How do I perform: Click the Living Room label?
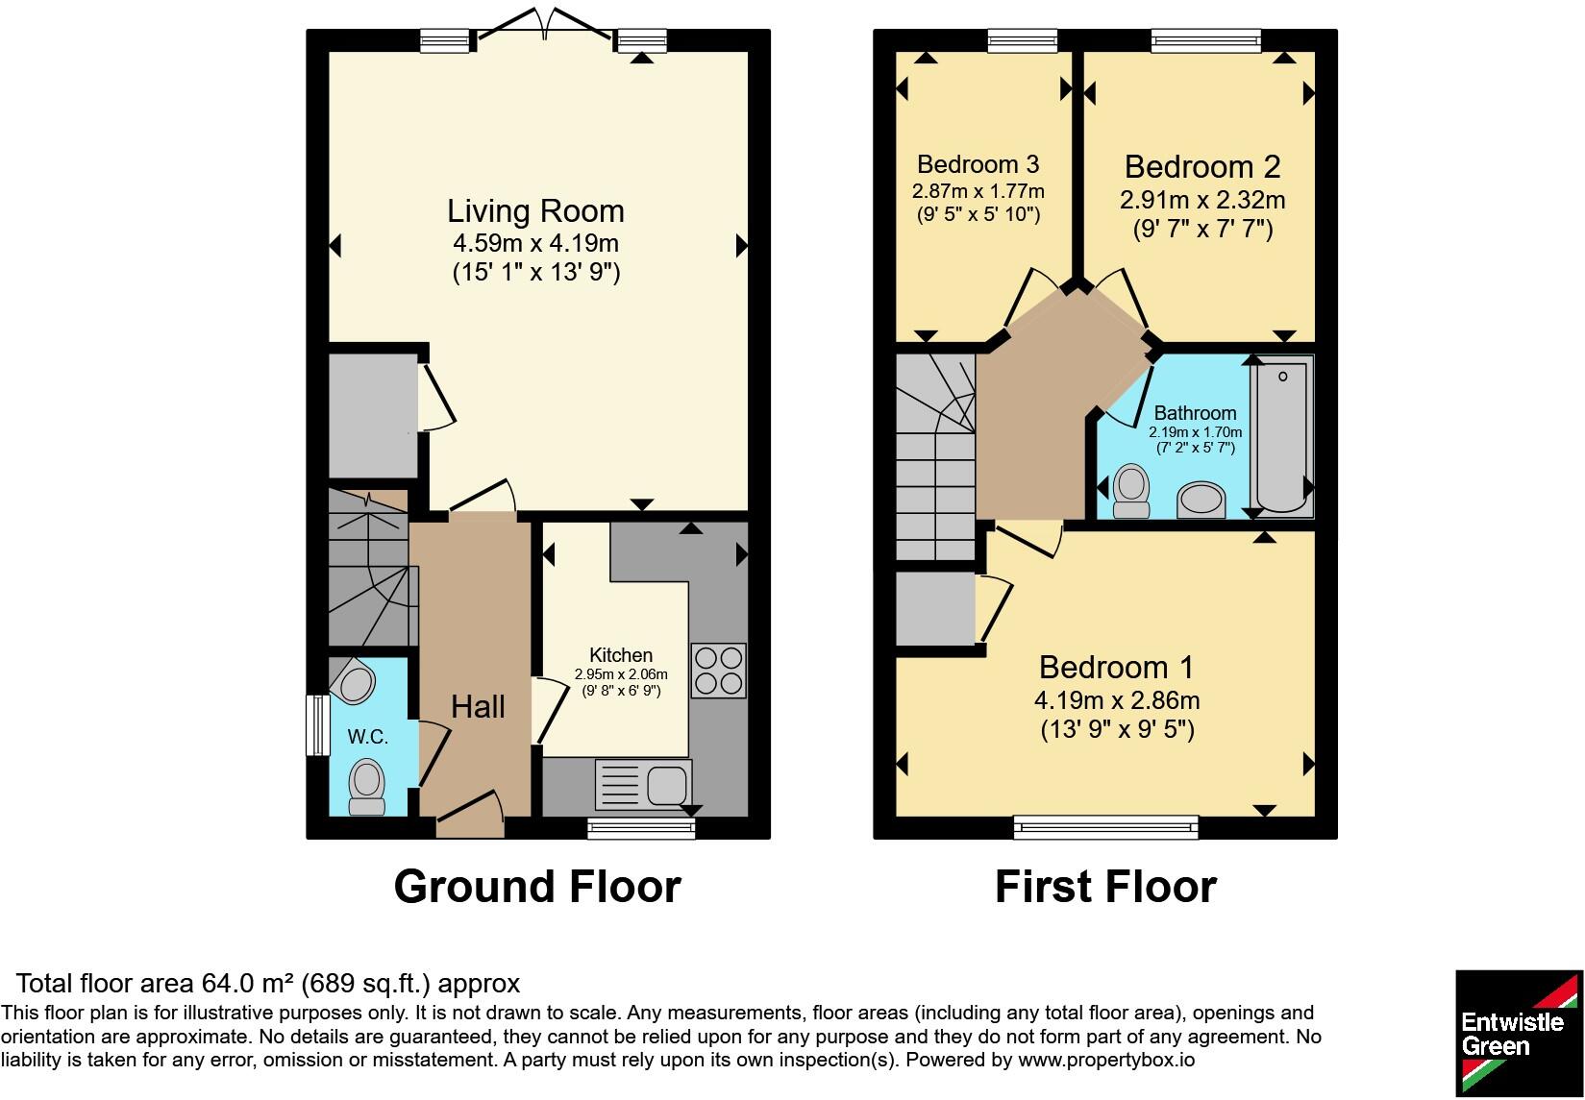tap(535, 210)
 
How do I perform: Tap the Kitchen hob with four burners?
tap(718, 671)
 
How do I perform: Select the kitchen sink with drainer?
tap(643, 785)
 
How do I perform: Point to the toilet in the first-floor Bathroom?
tap(1130, 491)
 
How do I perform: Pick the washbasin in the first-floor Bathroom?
tap(1201, 501)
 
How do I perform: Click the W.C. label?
tap(368, 737)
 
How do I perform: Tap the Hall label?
tap(479, 707)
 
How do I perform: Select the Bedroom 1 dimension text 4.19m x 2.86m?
tap(1117, 700)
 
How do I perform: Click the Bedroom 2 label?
tap(1202, 167)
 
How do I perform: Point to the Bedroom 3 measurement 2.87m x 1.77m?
tap(978, 191)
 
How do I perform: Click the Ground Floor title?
tap(537, 887)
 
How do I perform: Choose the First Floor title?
tap(1106, 887)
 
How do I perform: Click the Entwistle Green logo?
tap(1519, 1033)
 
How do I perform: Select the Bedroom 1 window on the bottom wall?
tap(1106, 827)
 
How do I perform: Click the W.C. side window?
tap(318, 725)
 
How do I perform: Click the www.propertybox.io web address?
tap(1106, 1060)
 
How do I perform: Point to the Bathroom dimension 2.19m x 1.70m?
tap(1195, 431)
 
